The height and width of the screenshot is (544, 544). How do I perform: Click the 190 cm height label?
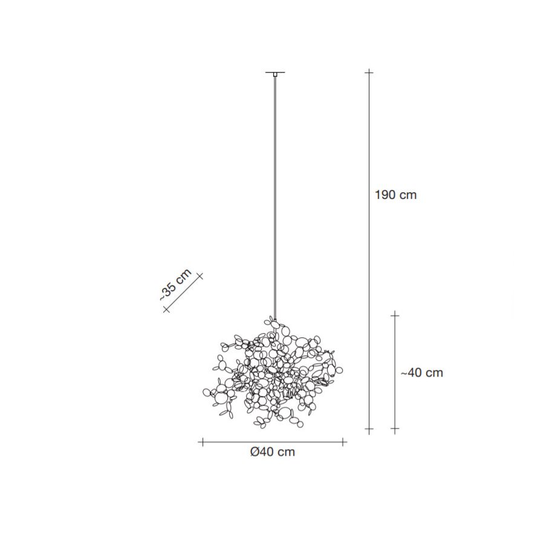(396, 195)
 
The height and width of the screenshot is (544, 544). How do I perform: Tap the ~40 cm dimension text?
(422, 373)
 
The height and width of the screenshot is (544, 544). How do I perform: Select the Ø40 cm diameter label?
(272, 452)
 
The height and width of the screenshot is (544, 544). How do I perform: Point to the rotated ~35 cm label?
(175, 283)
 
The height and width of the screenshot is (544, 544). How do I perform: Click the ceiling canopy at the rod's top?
(275, 74)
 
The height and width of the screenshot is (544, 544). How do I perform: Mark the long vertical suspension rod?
(275, 193)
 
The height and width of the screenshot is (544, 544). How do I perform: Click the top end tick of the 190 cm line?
(369, 73)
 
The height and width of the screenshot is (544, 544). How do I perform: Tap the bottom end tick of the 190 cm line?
(369, 430)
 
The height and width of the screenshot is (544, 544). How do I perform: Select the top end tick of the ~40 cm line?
(395, 314)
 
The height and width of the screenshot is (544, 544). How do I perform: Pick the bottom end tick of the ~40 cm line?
(395, 430)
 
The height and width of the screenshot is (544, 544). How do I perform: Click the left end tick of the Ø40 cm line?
(201, 442)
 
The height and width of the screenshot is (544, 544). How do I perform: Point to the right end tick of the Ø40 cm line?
(344, 442)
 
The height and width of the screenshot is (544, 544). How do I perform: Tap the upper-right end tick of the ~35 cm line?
(200, 276)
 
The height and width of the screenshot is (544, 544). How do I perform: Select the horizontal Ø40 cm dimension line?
(272, 442)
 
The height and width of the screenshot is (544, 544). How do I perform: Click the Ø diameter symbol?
(254, 452)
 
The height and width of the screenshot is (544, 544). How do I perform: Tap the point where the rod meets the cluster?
(275, 320)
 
